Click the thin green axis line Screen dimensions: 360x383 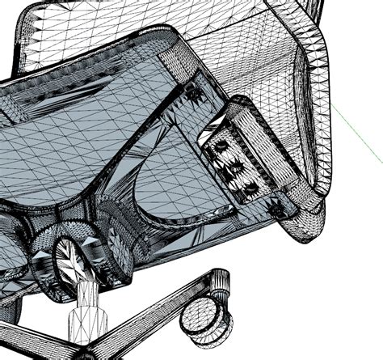click(356, 129)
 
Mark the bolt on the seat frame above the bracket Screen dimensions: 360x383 click(195, 95)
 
